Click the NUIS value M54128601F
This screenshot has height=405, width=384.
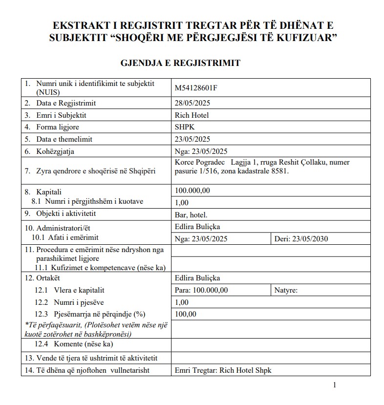point(195,88)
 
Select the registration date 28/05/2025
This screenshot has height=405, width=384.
point(192,103)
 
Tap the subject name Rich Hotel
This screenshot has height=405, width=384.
point(192,115)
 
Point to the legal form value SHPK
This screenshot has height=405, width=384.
point(184,127)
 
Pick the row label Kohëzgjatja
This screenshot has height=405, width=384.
point(55,151)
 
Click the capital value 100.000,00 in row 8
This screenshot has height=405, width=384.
point(192,191)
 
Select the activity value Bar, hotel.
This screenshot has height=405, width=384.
point(191,214)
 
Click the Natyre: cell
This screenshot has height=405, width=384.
point(286,290)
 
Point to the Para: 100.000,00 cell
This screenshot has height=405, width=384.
point(201,290)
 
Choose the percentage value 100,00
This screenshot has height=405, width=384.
point(185,314)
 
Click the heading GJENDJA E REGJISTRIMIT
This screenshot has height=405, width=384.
point(180,63)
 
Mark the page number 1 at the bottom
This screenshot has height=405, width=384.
point(334,385)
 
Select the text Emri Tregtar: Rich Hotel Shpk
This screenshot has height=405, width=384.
point(222,370)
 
